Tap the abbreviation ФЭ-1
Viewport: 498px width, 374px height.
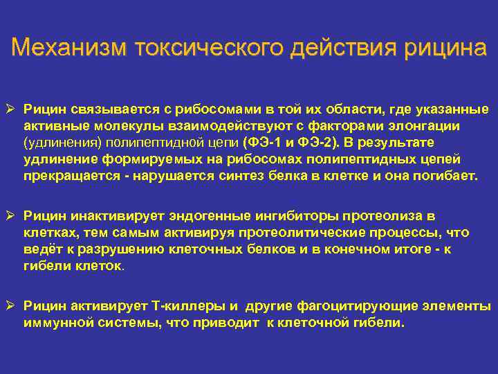[x=264, y=142]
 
